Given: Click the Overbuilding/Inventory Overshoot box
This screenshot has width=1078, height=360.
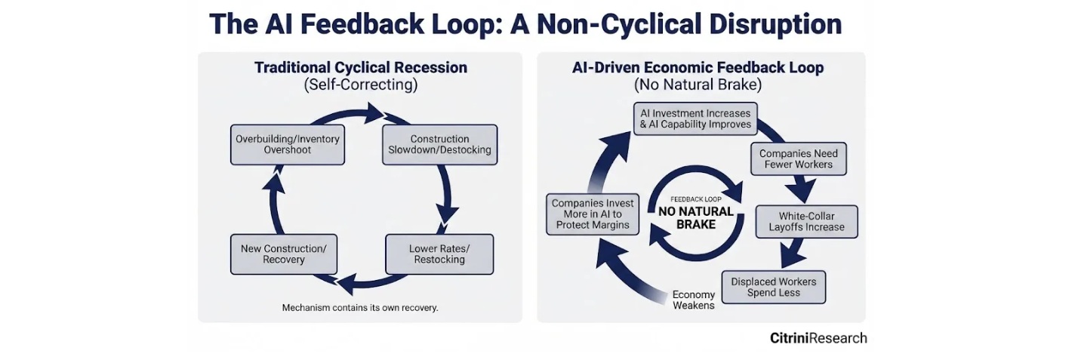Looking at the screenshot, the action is (x=288, y=144).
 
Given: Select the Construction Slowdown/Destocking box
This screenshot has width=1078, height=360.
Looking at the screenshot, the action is (x=440, y=144).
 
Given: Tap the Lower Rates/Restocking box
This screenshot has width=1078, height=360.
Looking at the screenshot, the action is (x=439, y=254).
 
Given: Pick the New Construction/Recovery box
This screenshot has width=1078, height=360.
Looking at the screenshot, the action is (x=283, y=254).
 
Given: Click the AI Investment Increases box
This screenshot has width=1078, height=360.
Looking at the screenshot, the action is (x=695, y=118).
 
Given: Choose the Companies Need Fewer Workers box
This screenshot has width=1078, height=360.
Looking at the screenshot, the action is (x=799, y=158).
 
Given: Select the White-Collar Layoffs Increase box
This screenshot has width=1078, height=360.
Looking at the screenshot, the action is (x=806, y=221).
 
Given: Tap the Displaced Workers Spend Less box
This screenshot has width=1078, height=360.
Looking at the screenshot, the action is (x=773, y=288).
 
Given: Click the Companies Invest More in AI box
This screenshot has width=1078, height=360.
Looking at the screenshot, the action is (x=593, y=214).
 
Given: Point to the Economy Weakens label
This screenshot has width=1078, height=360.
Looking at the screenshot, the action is (x=694, y=300).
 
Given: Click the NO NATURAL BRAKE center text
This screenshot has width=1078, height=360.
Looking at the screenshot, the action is (x=696, y=218).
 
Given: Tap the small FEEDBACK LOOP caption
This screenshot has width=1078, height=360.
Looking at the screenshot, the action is (x=696, y=199).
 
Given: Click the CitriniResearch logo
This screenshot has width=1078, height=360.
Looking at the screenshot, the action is (x=818, y=338).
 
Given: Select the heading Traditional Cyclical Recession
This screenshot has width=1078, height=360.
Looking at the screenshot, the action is (x=360, y=67).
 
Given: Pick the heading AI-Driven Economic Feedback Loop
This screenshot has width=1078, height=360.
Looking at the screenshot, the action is (x=698, y=67).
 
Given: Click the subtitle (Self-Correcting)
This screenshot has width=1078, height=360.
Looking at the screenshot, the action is (x=360, y=85).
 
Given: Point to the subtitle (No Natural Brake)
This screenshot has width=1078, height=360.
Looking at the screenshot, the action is (x=698, y=85).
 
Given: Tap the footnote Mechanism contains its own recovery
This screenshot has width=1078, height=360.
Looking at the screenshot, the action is (x=360, y=307).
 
